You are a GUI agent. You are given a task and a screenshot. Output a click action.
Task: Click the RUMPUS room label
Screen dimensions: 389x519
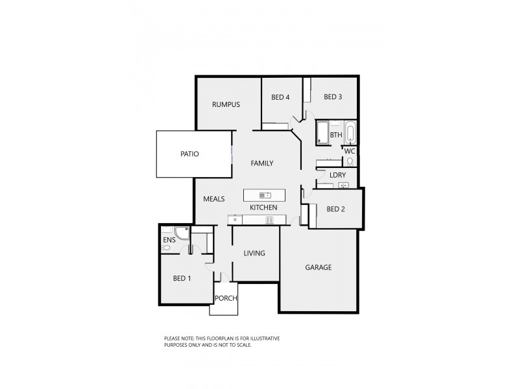tap(226, 104)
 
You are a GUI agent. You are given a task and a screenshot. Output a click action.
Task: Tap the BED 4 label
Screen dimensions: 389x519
tap(280, 97)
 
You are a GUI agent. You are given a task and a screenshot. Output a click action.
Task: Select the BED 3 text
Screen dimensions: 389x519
tap(333, 97)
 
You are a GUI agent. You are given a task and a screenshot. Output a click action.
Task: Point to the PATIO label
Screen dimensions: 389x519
tap(189, 154)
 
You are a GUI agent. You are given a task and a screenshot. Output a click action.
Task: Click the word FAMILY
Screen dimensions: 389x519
tap(262, 163)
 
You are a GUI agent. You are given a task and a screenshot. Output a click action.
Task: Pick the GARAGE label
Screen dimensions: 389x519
tap(319, 267)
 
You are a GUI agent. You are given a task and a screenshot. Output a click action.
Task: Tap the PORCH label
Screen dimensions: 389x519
tap(226, 298)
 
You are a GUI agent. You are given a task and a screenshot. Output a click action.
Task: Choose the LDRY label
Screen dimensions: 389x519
tap(337, 175)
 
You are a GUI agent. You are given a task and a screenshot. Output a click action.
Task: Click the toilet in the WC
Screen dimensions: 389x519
tap(350, 161)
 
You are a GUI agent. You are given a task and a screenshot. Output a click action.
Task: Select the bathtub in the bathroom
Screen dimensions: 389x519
tap(350, 134)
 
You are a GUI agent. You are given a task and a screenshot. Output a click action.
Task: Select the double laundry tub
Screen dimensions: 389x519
tap(343, 186)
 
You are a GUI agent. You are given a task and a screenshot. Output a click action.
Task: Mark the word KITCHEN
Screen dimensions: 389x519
tap(264, 207)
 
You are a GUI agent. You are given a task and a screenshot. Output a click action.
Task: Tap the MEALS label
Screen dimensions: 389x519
tap(213, 199)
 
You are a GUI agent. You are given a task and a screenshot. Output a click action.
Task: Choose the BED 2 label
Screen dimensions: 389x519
tap(335, 209)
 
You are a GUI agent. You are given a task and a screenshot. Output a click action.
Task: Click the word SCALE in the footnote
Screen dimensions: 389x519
tap(242, 345)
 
